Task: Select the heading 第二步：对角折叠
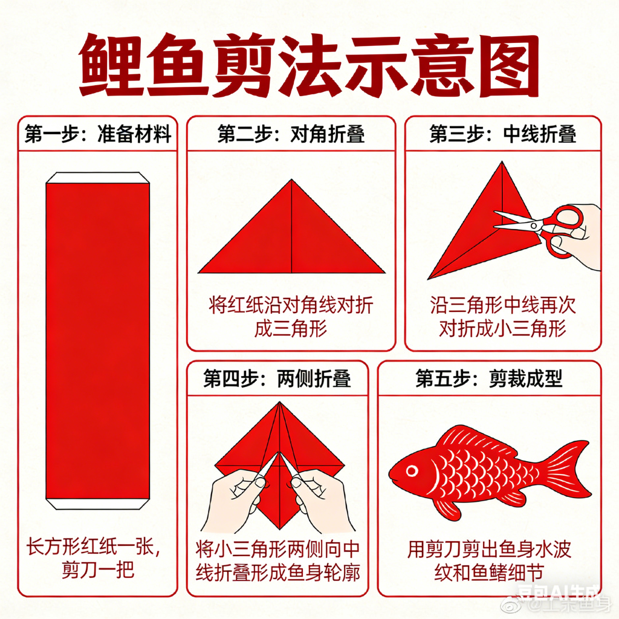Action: point(291,134)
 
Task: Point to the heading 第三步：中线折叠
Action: point(502,134)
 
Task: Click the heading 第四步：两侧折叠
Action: point(277,379)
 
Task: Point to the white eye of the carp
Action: point(412,470)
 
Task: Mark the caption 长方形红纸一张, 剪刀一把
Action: point(97,559)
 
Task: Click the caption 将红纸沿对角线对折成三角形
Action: point(291,317)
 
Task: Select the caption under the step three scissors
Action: point(502,317)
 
